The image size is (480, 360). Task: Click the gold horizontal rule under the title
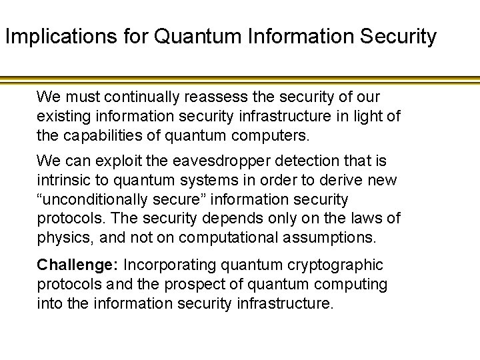click(x=240, y=80)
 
